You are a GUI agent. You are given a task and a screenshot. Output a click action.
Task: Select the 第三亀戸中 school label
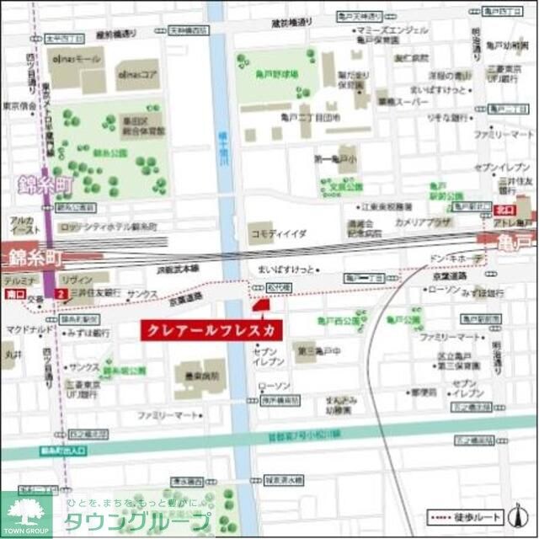(x=313, y=350)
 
